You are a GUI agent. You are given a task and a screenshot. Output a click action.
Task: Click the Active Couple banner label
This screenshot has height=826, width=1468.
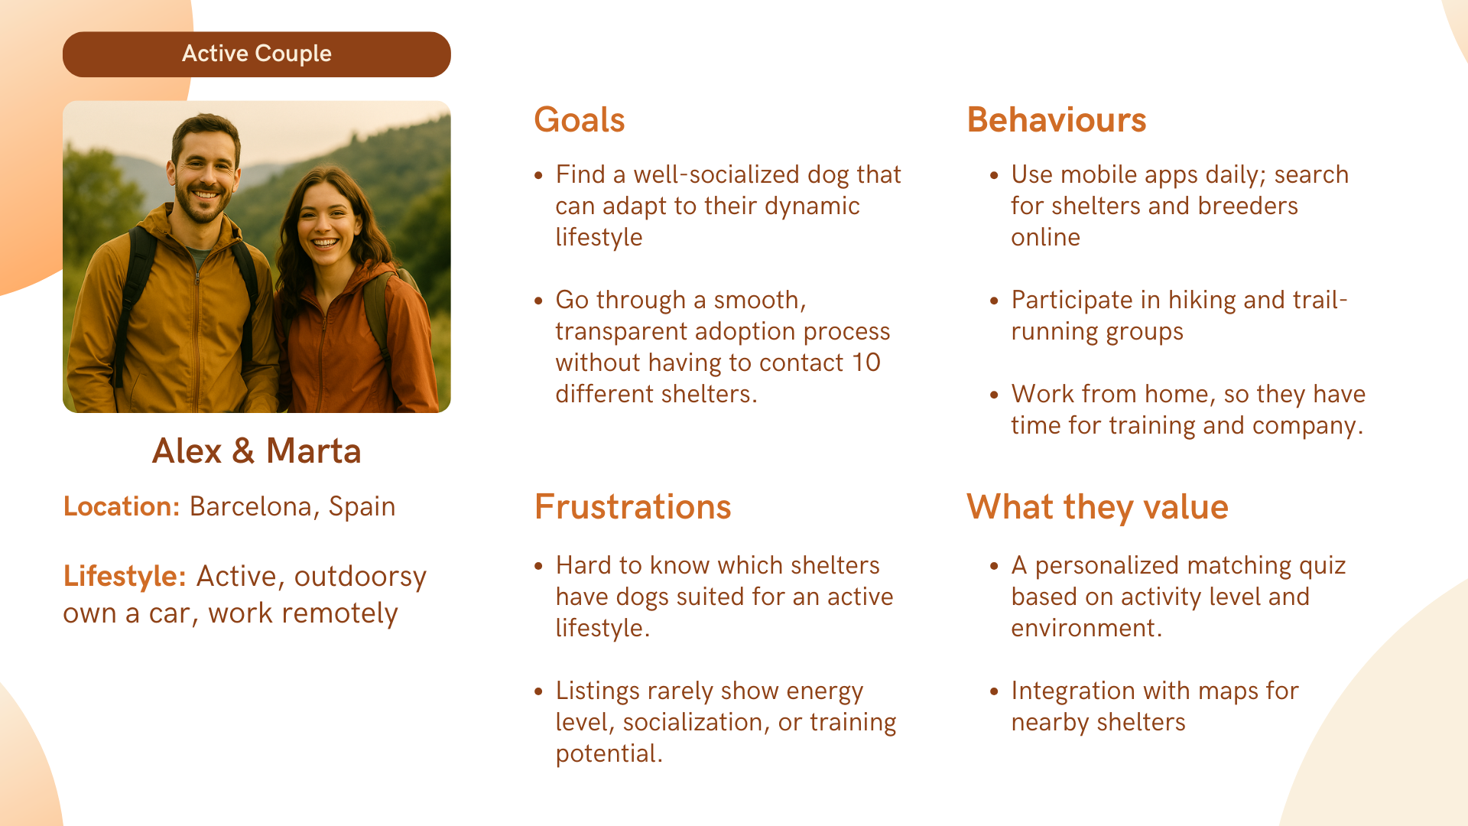257,54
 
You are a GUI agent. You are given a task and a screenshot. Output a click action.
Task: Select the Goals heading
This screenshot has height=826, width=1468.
580,120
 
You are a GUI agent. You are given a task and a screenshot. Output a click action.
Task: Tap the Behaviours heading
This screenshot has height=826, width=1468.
1057,120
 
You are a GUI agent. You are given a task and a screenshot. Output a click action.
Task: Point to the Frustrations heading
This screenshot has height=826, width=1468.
633,507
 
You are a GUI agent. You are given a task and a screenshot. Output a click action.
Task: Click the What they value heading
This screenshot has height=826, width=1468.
1097,507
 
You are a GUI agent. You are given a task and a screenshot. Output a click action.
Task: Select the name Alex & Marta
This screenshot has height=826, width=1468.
257,450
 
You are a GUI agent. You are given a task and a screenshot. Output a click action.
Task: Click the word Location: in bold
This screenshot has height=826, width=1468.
122,506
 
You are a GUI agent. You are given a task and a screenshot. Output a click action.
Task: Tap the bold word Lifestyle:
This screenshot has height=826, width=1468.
125,577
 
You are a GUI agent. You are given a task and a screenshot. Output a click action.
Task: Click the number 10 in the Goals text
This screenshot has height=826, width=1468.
866,363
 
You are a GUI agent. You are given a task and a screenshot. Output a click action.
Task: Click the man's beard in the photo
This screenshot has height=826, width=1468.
202,204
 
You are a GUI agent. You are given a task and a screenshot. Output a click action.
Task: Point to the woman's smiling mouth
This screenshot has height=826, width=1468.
325,243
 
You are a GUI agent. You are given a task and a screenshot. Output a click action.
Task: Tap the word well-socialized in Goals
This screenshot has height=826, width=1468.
717,174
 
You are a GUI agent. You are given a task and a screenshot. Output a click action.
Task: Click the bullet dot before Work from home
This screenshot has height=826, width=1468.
994,395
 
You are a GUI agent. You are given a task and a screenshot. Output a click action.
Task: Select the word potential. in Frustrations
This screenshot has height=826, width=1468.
609,754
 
